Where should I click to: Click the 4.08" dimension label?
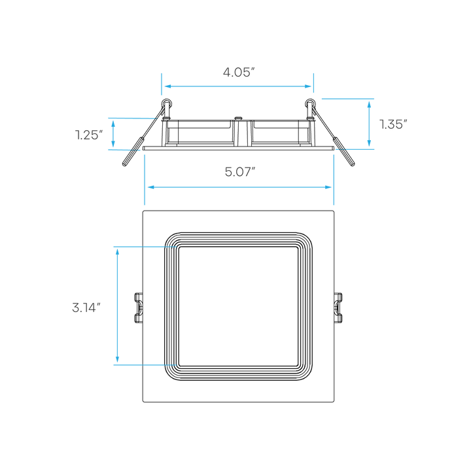[x=239, y=73]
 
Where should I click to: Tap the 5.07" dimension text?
[x=240, y=172]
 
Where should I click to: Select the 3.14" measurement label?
[x=87, y=307]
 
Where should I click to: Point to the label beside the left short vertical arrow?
[x=89, y=135]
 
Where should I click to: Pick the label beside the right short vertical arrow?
[x=393, y=124]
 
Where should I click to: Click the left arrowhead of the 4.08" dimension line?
[x=167, y=86]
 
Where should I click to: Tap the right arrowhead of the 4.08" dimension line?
[x=307, y=86]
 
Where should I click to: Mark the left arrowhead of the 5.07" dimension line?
[x=150, y=187]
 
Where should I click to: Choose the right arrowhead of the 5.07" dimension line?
[x=328, y=187]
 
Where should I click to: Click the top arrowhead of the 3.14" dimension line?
[x=118, y=252]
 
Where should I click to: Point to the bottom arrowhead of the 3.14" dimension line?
[x=118, y=359]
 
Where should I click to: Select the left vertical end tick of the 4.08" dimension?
[x=161, y=84]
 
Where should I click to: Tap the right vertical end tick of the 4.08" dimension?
[x=313, y=83]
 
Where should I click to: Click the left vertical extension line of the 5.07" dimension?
[x=145, y=179]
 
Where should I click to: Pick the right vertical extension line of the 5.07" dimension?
[x=334, y=179]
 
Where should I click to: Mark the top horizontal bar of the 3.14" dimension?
[x=128, y=247]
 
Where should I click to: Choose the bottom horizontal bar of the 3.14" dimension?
[x=128, y=364]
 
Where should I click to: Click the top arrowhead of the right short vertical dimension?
[x=369, y=104]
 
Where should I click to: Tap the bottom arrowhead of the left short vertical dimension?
[x=113, y=145]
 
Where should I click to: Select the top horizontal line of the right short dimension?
[x=347, y=99]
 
